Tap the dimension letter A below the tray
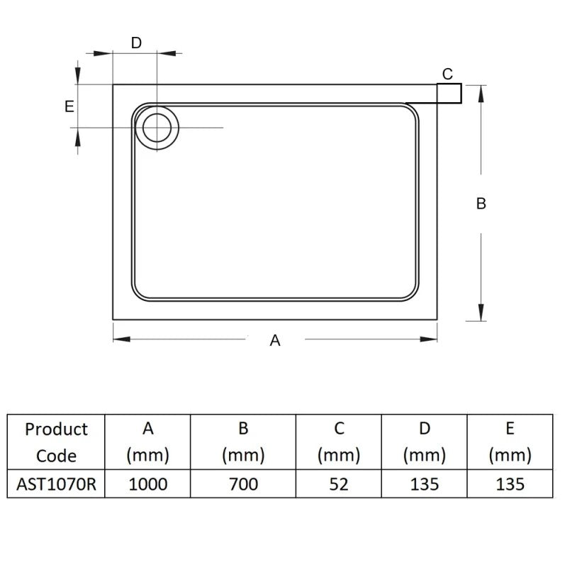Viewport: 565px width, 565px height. pos(275,341)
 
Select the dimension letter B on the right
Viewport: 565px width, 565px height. pos(481,204)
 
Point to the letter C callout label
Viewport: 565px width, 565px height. pos(447,74)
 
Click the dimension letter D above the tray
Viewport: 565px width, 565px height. pos(136,43)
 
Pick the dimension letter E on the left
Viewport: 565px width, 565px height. pos(69,106)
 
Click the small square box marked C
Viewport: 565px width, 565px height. pos(449,93)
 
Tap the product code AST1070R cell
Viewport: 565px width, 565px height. pos(56,484)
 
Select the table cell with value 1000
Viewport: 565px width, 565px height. pos(147,484)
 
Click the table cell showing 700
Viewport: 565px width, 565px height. pos(243,484)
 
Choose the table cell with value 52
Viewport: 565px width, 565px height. pos(339,484)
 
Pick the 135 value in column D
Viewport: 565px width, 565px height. pos(424,484)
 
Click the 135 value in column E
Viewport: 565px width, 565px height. pos(510,484)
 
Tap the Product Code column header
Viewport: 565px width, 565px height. pos(56,442)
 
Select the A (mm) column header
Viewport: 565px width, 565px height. pos(147,442)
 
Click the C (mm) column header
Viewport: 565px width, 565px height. pos(339,442)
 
